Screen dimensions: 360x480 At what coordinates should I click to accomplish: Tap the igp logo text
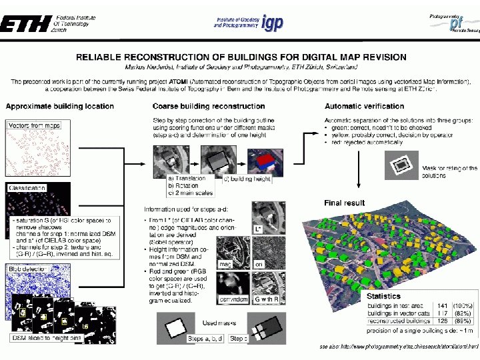pos(272,23)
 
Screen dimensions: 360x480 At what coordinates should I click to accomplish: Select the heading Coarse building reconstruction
pos(209,106)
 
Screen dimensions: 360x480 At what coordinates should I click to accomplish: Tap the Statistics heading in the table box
pos(383,296)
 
